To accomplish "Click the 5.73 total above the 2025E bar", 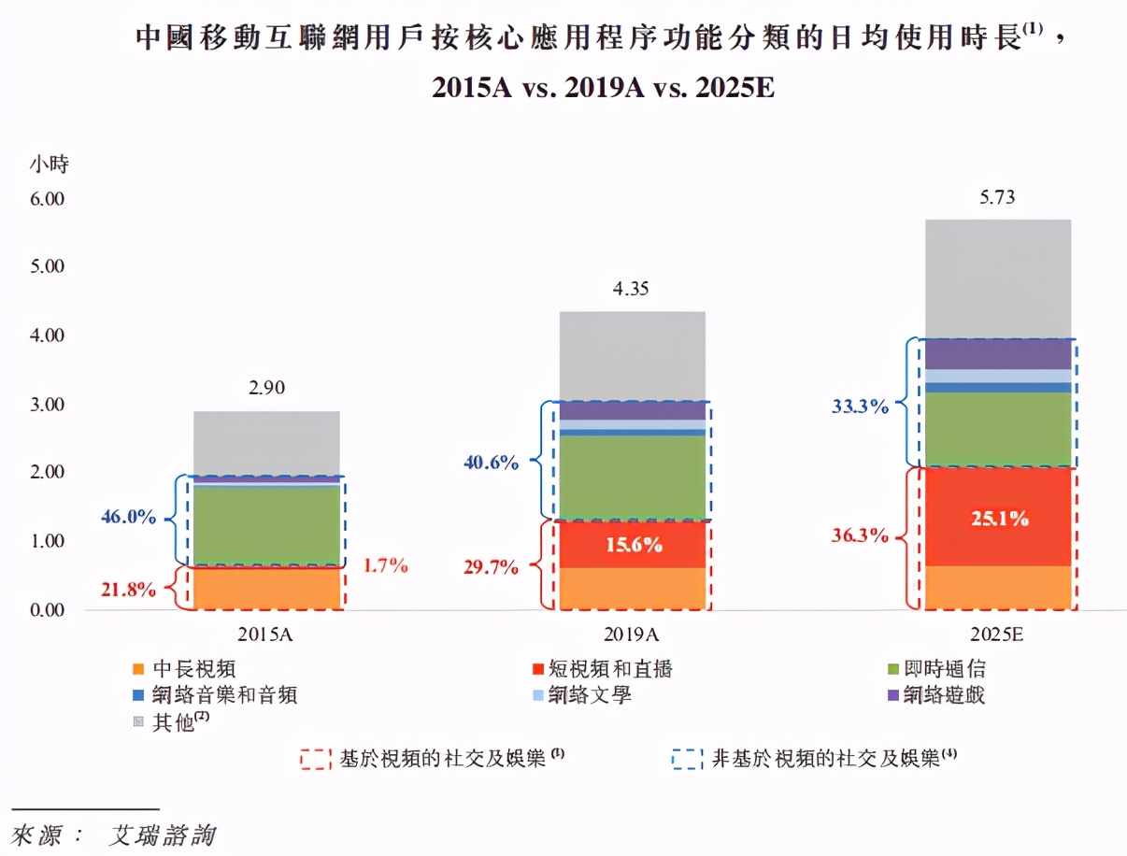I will click(x=997, y=197).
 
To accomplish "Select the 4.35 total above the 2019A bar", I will click(x=631, y=289).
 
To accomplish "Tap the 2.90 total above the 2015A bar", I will click(x=265, y=388).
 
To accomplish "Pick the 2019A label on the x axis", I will click(x=631, y=635).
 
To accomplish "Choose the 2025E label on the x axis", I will click(x=997, y=635).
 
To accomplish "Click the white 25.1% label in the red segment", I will click(x=997, y=519).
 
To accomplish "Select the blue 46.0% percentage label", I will click(x=129, y=517).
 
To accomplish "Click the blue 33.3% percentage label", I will click(x=860, y=407).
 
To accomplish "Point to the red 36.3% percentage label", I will click(x=860, y=537).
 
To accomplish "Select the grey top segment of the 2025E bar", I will click(x=997, y=278).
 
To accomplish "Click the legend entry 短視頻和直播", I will click(x=609, y=669).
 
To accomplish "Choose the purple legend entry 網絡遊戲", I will click(x=950, y=695).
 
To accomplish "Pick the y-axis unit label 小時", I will click(x=49, y=163).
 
